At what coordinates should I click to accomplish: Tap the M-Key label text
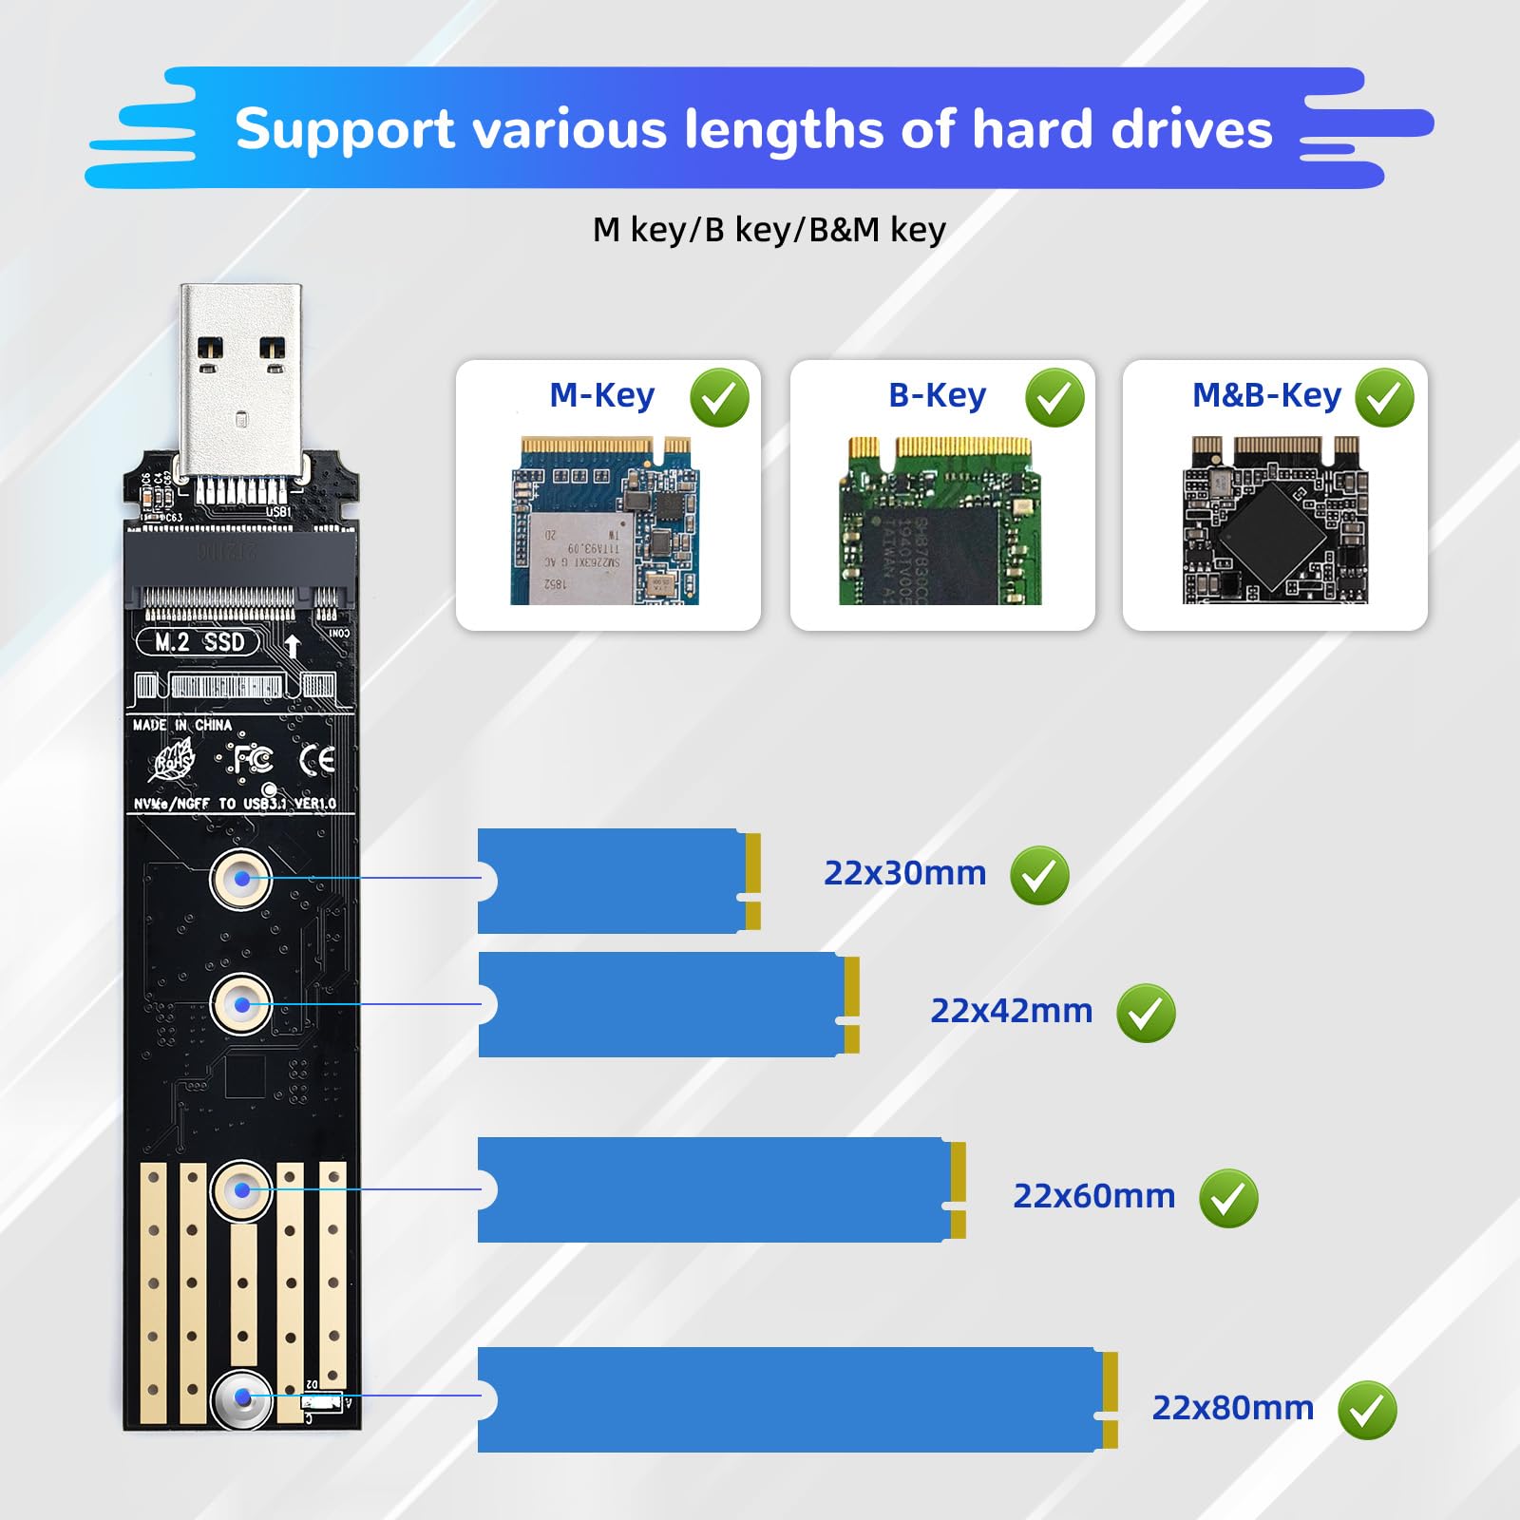(601, 395)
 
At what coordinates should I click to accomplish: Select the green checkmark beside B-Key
(1054, 397)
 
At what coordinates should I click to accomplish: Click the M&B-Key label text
(1265, 395)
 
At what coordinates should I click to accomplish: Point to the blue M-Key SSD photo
(605, 521)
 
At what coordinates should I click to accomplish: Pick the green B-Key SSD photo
(939, 521)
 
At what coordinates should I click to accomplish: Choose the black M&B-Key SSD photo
(1275, 521)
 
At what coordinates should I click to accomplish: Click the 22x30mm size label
(904, 873)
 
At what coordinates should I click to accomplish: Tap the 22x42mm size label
(1011, 1011)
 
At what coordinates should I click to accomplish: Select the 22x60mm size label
(1093, 1196)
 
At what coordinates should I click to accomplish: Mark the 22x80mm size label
(1232, 1408)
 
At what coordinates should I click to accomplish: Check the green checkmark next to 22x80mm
(1367, 1411)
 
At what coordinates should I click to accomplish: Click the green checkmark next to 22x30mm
(1039, 875)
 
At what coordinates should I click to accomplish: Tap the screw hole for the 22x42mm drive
(241, 1004)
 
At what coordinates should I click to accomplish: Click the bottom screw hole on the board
(241, 1397)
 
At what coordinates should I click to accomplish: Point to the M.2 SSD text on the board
(199, 643)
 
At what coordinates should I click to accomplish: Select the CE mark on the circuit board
(316, 760)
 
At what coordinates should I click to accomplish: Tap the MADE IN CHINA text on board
(181, 725)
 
